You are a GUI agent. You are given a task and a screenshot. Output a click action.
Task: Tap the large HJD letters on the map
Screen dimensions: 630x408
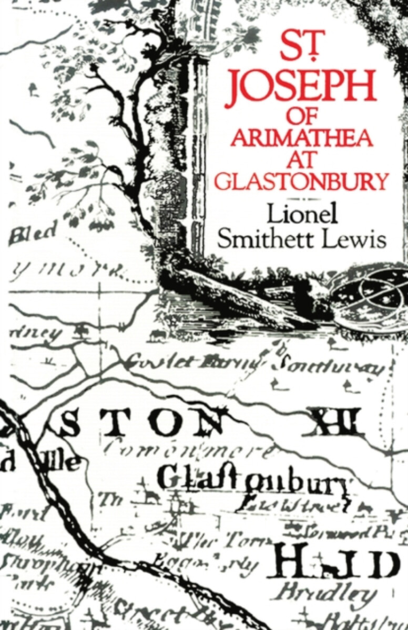(x=336, y=563)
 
